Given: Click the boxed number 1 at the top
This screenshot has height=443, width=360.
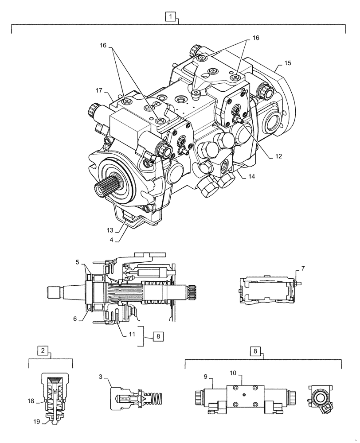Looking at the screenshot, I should (x=172, y=17).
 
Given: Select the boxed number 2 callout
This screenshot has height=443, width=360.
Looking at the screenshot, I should (x=43, y=351).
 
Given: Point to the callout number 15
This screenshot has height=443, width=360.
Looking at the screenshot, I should (x=287, y=63).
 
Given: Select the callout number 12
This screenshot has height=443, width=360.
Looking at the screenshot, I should (x=278, y=156).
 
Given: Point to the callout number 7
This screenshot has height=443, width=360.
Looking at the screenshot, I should (x=303, y=269).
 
